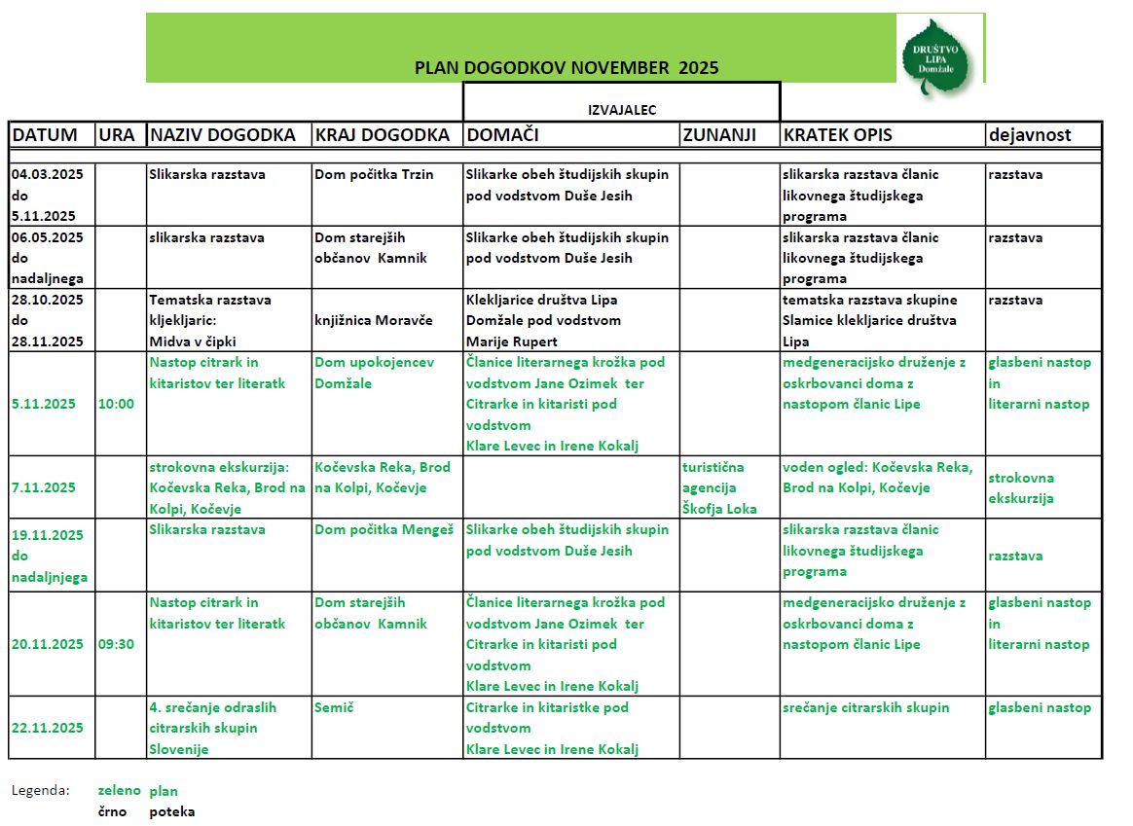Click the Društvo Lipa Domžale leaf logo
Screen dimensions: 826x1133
[x=936, y=56]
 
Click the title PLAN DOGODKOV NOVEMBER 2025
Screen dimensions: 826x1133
[x=566, y=68]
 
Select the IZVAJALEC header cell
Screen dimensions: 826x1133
[x=621, y=110]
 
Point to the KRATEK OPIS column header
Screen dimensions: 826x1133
[x=837, y=135]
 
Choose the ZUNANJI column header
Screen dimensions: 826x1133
[x=719, y=135]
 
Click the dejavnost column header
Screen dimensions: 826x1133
[x=1030, y=135]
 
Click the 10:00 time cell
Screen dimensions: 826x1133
[x=116, y=404]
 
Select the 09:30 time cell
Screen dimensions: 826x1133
[x=116, y=644]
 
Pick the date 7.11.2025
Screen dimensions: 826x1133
[x=44, y=487]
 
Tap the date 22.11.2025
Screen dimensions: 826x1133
[x=48, y=728]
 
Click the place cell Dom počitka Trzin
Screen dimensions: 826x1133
[x=374, y=175]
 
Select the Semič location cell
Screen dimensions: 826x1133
[x=334, y=707]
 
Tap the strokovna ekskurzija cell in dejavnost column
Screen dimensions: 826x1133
[x=1021, y=487]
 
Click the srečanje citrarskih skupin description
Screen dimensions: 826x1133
[x=865, y=707]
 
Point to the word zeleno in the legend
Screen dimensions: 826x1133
[x=120, y=791]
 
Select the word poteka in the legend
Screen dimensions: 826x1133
[x=171, y=811]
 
